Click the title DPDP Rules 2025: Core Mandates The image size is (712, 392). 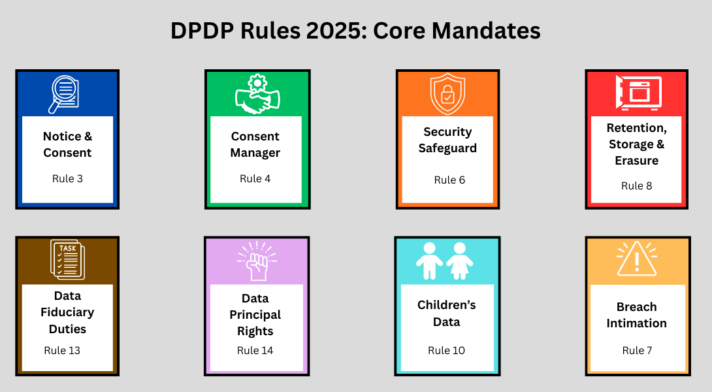355,31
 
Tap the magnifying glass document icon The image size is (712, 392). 64,94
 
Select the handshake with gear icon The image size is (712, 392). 257,94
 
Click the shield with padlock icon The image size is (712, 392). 447,94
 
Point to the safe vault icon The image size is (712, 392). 638,93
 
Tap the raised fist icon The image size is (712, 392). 255,261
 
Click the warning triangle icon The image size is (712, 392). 636,259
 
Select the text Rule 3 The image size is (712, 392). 67,178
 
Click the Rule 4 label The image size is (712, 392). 255,178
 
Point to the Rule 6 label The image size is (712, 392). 449,180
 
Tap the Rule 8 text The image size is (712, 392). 636,186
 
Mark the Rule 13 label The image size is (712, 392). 62,350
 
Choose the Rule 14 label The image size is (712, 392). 255,350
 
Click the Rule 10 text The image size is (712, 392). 446,350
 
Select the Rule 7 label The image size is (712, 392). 637,350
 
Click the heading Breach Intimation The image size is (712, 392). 636,315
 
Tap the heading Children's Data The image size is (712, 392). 447,314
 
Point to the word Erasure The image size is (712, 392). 636,161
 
